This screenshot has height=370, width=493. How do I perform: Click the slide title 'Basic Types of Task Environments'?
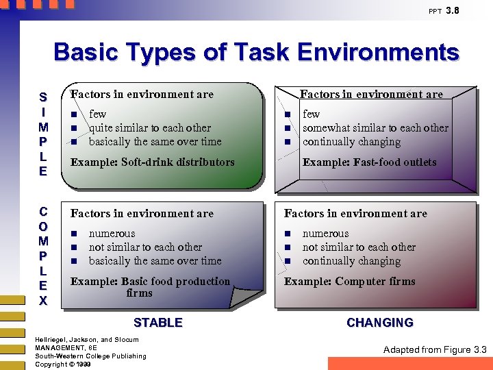(x=256, y=53)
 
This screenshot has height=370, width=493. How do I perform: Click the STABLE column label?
(x=157, y=323)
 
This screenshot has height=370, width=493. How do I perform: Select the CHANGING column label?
(x=379, y=323)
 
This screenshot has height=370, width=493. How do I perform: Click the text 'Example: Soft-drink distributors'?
(x=152, y=162)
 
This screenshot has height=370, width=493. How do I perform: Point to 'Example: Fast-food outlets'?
(x=369, y=162)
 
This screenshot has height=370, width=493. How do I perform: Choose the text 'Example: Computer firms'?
(x=349, y=282)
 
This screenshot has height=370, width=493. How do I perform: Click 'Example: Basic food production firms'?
(x=150, y=287)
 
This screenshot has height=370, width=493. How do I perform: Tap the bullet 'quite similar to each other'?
(x=150, y=128)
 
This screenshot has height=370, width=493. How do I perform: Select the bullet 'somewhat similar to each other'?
(x=375, y=128)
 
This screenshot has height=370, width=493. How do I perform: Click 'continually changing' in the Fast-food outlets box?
(x=351, y=142)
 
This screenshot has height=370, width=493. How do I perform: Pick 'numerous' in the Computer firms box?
(x=325, y=234)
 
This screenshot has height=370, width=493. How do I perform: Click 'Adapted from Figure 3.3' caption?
(x=435, y=350)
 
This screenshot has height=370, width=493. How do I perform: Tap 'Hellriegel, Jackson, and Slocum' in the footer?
(x=86, y=340)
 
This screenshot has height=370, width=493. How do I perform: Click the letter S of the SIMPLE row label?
(x=43, y=97)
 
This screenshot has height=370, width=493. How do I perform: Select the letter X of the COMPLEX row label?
(x=43, y=301)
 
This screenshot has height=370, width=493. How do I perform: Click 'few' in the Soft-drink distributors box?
(x=97, y=114)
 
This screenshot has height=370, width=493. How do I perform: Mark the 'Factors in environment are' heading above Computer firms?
(x=355, y=214)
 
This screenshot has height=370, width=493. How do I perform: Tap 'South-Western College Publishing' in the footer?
(x=90, y=356)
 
